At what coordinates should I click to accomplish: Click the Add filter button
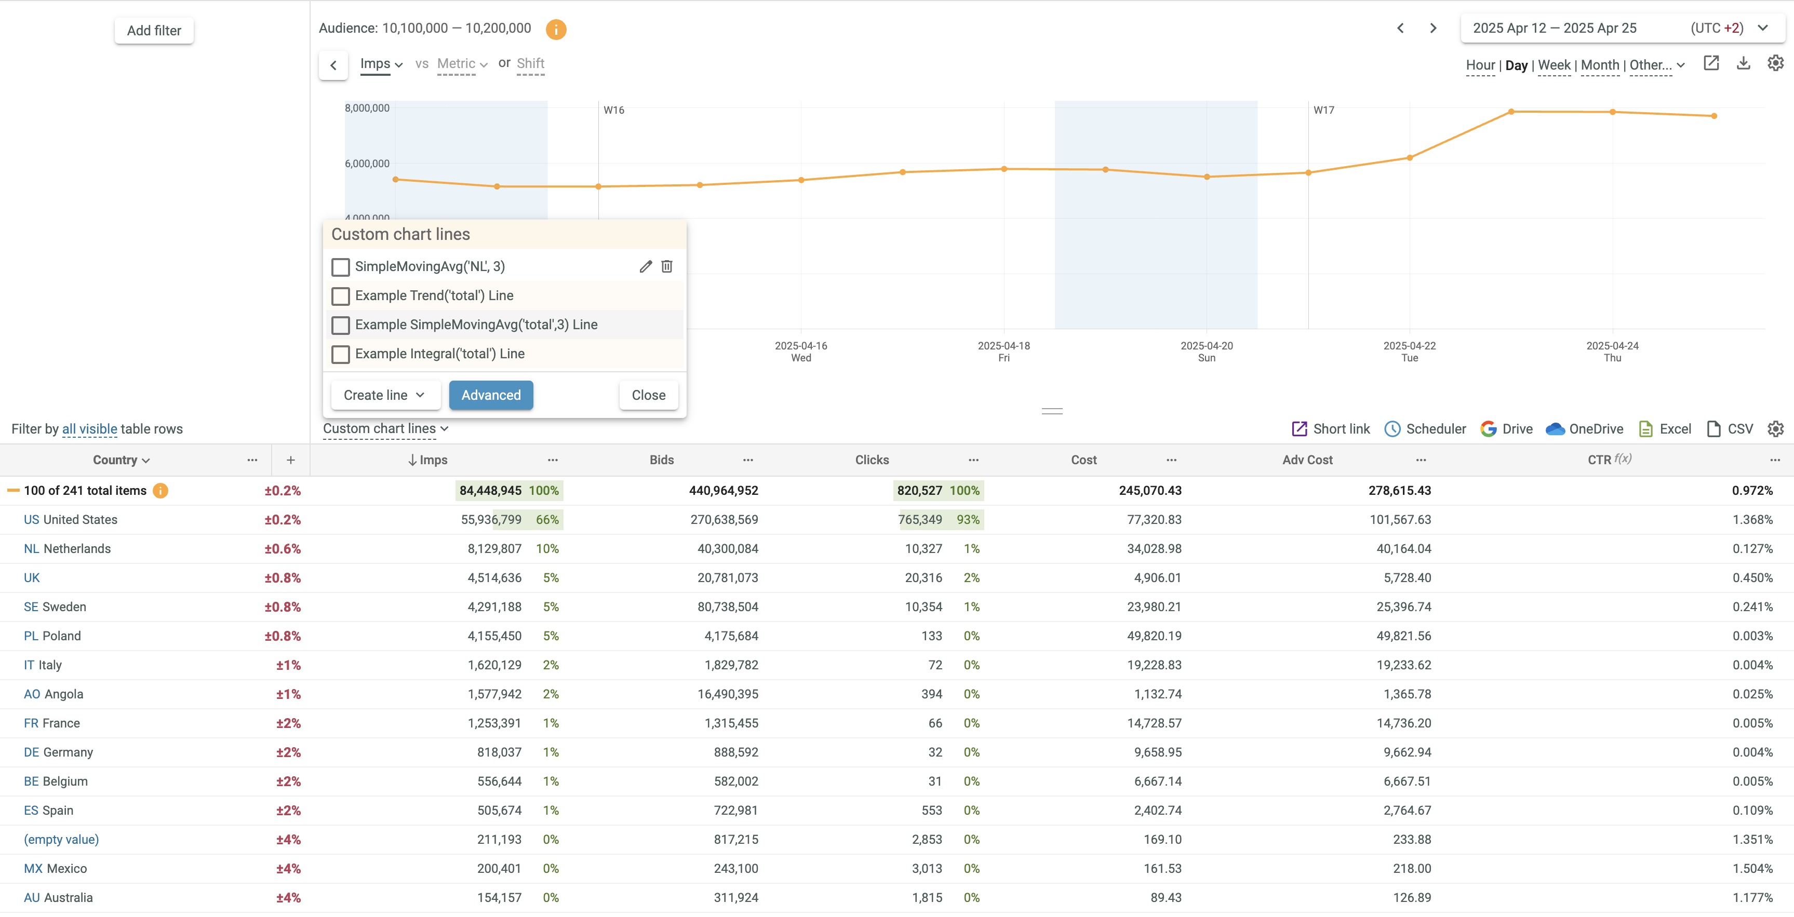point(154,31)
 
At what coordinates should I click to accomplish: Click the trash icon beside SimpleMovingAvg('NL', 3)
point(666,267)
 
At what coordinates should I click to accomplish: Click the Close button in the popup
point(648,395)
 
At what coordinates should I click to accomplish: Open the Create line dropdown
point(384,395)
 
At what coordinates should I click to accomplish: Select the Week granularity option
point(1554,65)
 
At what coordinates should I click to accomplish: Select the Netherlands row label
point(76,549)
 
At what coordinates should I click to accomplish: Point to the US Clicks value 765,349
point(919,519)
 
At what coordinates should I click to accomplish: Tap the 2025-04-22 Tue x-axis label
point(1409,352)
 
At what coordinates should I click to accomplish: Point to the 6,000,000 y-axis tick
point(367,164)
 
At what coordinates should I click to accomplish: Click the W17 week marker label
point(1323,110)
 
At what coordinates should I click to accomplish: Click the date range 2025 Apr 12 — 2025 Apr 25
point(1555,29)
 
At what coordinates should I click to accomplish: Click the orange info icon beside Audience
point(556,29)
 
